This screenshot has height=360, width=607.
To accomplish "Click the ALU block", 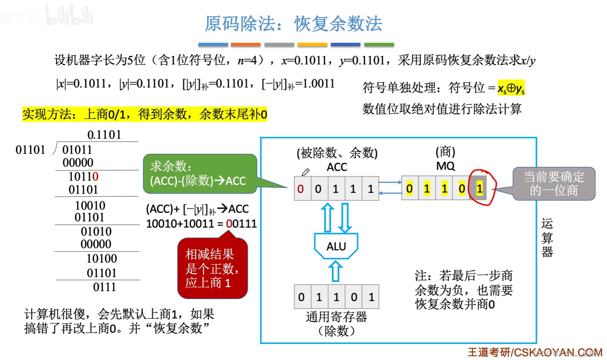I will click(x=336, y=246).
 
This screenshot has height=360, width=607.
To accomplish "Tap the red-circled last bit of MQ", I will click(x=479, y=188).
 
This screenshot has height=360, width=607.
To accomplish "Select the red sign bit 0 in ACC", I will click(x=301, y=189).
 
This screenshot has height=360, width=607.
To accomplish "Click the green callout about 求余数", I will click(x=200, y=174).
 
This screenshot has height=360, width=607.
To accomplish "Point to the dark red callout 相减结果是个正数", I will click(x=212, y=269).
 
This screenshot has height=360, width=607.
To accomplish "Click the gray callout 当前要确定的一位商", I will click(x=554, y=184).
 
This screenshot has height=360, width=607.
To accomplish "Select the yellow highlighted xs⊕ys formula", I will click(x=511, y=88).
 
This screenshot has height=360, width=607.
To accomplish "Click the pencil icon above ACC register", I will click(x=306, y=172).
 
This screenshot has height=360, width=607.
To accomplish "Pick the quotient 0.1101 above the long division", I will click(x=104, y=135).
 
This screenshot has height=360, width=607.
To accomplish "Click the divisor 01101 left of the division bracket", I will click(x=30, y=150).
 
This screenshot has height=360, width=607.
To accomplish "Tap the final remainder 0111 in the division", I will click(x=104, y=287).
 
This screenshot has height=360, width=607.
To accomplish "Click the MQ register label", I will click(x=445, y=166).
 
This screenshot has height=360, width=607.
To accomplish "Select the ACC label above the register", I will click(x=337, y=167).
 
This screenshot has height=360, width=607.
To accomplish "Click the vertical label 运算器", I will click(x=547, y=238).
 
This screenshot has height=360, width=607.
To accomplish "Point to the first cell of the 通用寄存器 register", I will click(x=302, y=297).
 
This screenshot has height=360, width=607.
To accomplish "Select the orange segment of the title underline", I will click(x=245, y=45).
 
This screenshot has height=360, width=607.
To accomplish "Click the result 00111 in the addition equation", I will click(x=241, y=224).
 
